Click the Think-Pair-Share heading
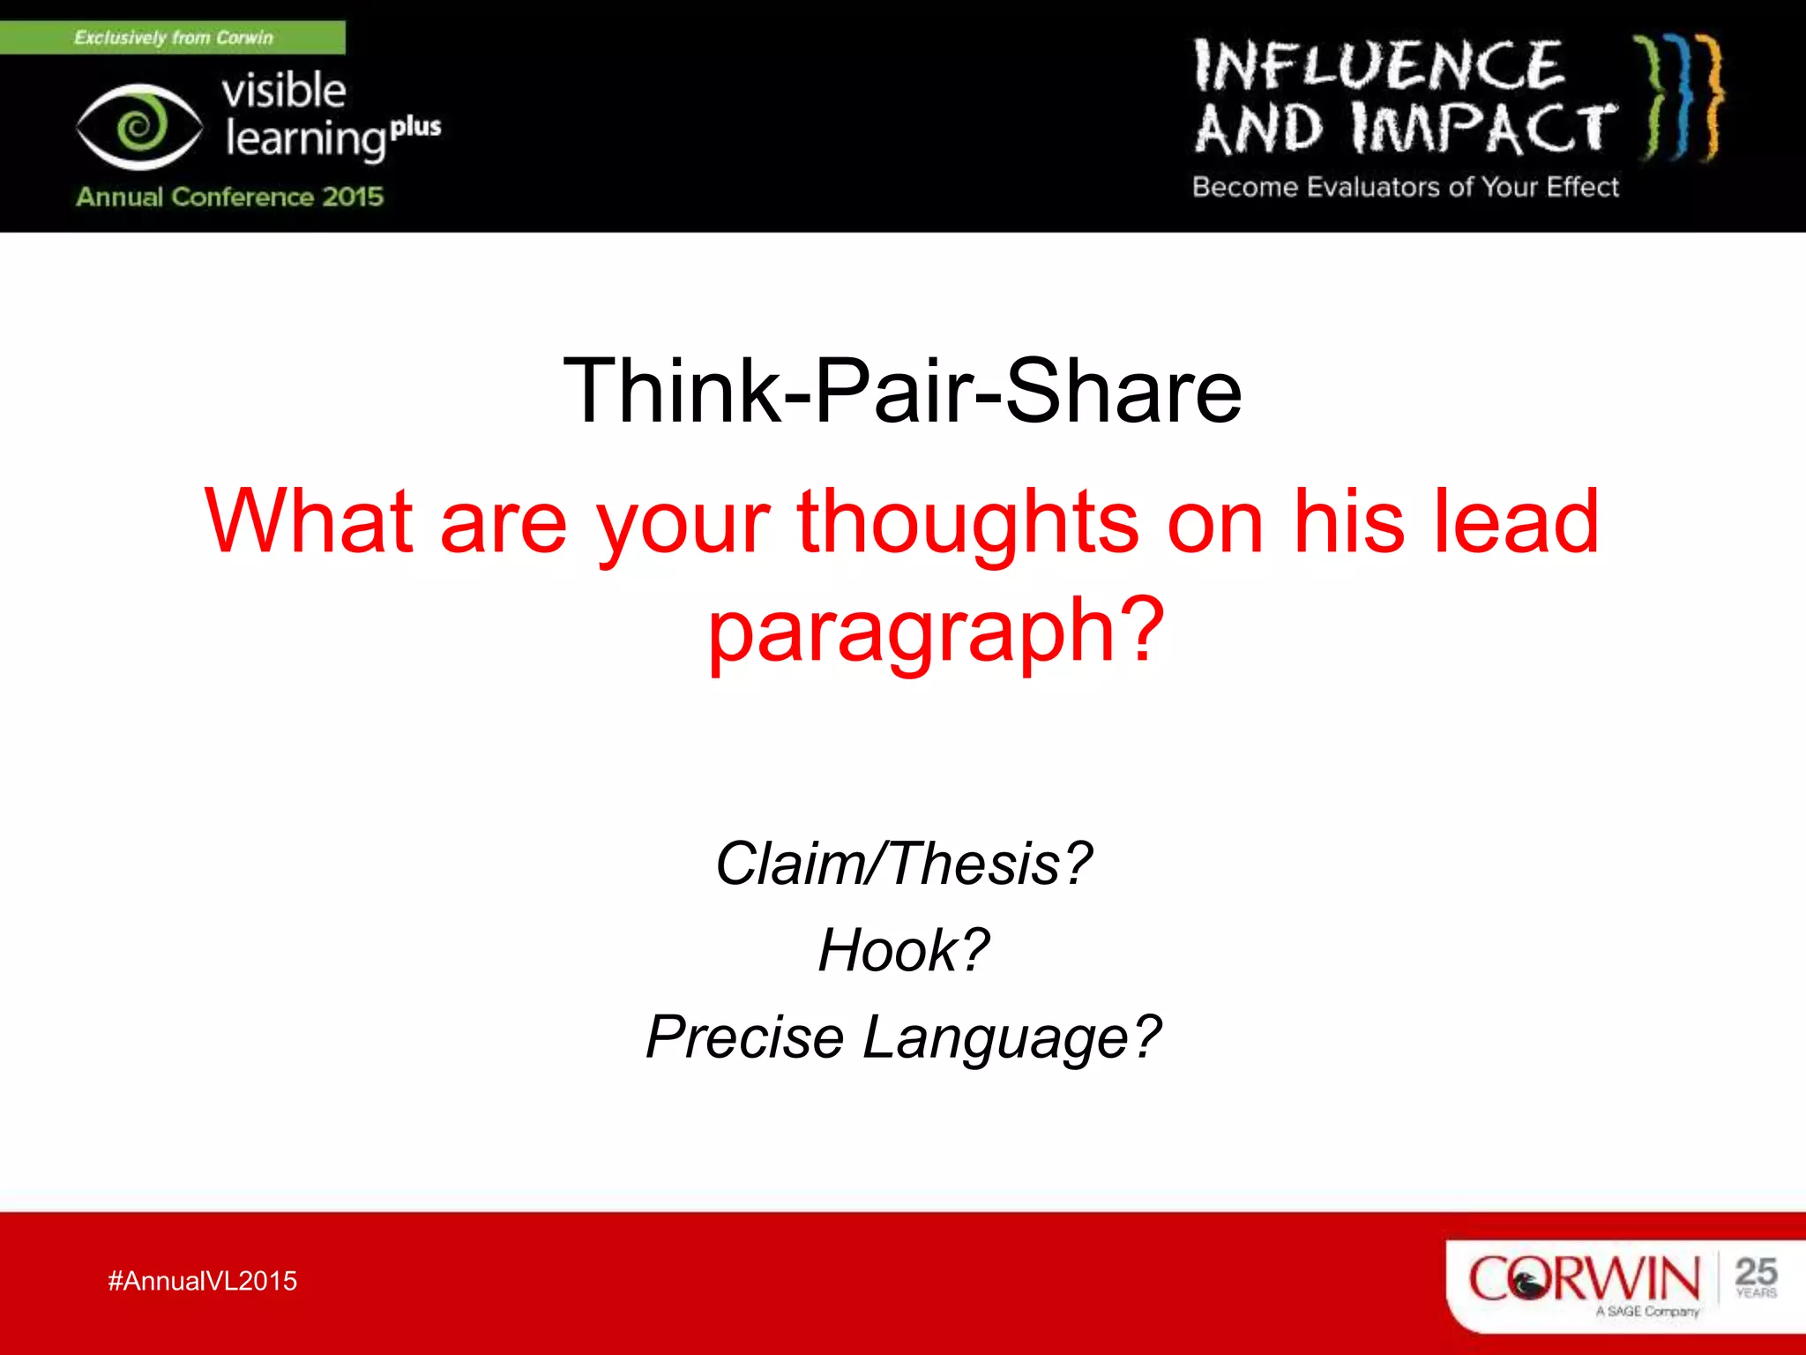902,391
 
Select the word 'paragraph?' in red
937,630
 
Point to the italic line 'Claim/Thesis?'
903,863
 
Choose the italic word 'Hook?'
903,950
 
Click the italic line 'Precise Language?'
903,1037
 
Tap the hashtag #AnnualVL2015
202,1281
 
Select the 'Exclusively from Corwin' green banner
173,38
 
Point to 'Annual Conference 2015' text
229,196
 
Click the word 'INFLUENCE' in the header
1377,66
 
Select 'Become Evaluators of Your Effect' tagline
1405,187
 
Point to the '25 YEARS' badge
1755,1277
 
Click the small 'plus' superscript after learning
415,128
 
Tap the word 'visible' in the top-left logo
283,91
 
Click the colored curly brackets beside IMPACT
1681,97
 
